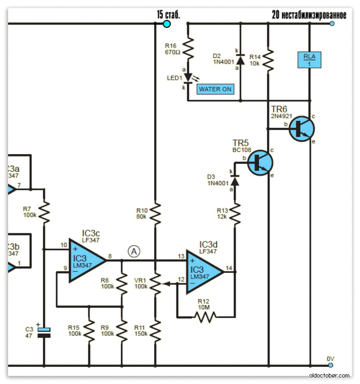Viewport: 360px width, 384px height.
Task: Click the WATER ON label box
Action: point(215,89)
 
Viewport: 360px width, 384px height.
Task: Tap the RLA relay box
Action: point(309,59)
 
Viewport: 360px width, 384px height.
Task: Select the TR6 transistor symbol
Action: point(301,130)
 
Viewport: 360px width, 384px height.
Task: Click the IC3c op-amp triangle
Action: point(87,261)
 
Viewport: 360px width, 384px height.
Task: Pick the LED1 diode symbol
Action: point(187,79)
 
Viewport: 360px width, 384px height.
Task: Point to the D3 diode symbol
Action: point(234,178)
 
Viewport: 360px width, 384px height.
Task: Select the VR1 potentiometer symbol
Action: point(156,283)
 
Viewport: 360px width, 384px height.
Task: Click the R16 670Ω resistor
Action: point(187,46)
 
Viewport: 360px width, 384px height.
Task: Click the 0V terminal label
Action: point(330,359)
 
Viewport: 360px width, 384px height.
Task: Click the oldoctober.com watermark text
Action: point(330,375)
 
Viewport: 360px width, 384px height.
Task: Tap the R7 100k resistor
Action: point(44,212)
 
